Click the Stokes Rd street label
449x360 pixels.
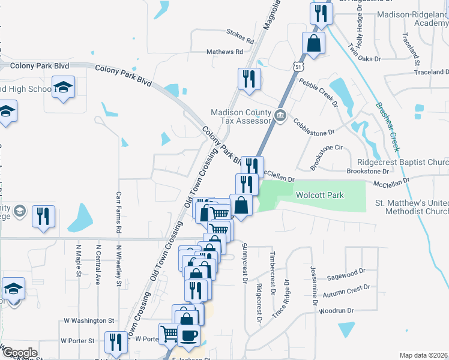[240, 35]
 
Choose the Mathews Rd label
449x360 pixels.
[224, 52]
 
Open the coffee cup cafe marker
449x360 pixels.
[188, 335]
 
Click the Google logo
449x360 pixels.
[19, 353]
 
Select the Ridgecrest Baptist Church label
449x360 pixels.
[403, 162]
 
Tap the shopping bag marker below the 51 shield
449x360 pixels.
[313, 43]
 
